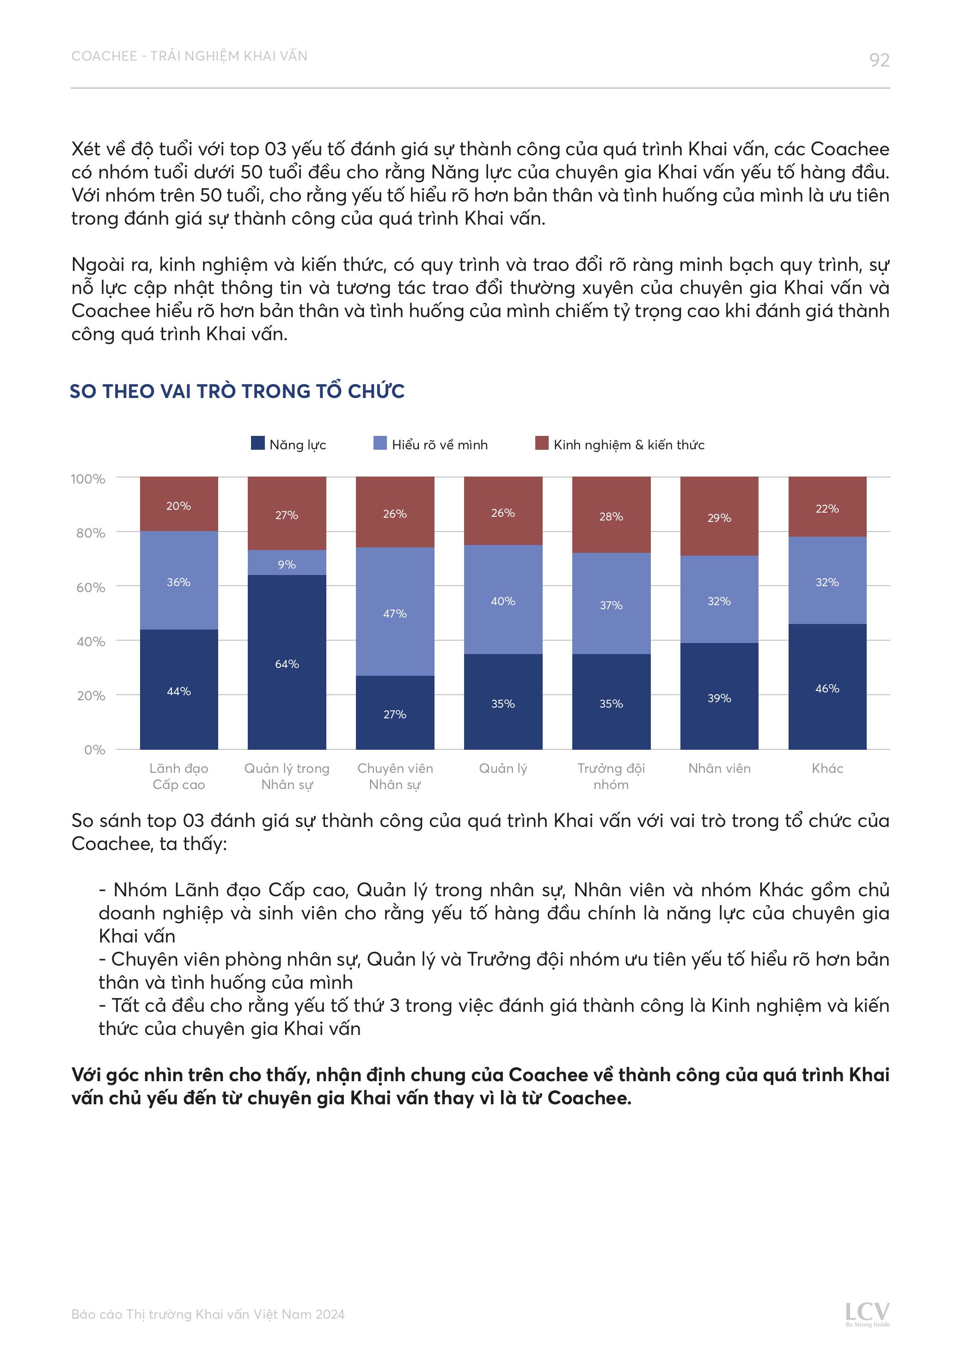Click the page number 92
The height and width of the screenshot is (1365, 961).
(x=879, y=60)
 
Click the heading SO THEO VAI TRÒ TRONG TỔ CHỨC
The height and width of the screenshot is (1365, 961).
(x=237, y=391)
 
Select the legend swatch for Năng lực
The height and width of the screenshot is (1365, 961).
(x=257, y=443)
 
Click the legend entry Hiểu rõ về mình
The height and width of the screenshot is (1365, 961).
(x=439, y=445)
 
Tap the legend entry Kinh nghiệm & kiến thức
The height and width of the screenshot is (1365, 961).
(x=628, y=445)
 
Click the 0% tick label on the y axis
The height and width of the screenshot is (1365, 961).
(x=95, y=750)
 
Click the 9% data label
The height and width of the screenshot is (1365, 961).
(x=287, y=564)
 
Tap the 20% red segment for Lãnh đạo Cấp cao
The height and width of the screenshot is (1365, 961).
(x=178, y=505)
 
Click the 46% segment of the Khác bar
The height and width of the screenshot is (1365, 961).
(x=827, y=687)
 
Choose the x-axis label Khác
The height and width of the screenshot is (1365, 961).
(x=827, y=768)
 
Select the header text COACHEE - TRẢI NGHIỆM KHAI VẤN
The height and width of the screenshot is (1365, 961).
(x=189, y=56)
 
